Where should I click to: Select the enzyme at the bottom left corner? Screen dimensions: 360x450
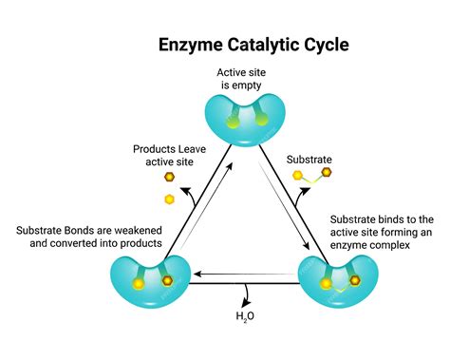point(151,279)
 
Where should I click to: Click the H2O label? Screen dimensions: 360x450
point(245,317)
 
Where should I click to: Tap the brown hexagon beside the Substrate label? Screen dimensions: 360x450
point(327,173)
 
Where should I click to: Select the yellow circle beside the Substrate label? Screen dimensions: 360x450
point(299,177)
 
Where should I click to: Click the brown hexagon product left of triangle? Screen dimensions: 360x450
point(169,177)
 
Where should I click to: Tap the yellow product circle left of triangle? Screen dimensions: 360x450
point(170,199)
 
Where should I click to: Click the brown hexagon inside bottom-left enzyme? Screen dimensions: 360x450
point(167,281)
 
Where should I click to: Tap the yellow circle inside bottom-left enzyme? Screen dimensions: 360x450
point(139,284)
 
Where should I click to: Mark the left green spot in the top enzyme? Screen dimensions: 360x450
point(223,121)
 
